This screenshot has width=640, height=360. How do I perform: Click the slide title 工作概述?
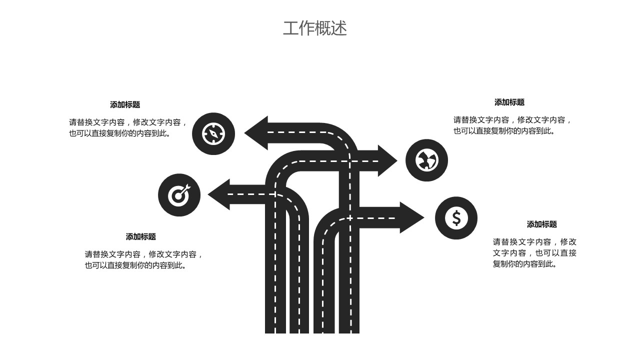pos(314,28)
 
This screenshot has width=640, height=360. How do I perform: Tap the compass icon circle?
pos(213,133)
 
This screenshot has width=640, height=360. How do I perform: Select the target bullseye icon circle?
pos(179,195)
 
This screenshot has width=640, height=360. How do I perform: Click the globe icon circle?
pos(426,160)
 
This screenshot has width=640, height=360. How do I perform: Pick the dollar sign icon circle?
pos(456,218)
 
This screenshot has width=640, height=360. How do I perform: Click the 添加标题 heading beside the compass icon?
pos(125,104)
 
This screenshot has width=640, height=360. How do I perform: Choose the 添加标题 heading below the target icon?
pos(140,236)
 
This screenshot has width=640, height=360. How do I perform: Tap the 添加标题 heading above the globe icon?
pos(509,102)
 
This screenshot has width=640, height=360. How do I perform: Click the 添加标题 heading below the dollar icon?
pos(541,224)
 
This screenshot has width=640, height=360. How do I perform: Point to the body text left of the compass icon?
pos(128,127)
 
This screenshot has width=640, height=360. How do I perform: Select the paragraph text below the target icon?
pos(144,259)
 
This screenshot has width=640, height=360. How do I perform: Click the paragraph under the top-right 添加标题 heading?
pos(512,125)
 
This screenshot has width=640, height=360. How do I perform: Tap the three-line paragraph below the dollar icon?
pos(534,252)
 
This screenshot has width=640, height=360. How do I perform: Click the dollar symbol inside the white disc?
pos(456,218)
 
